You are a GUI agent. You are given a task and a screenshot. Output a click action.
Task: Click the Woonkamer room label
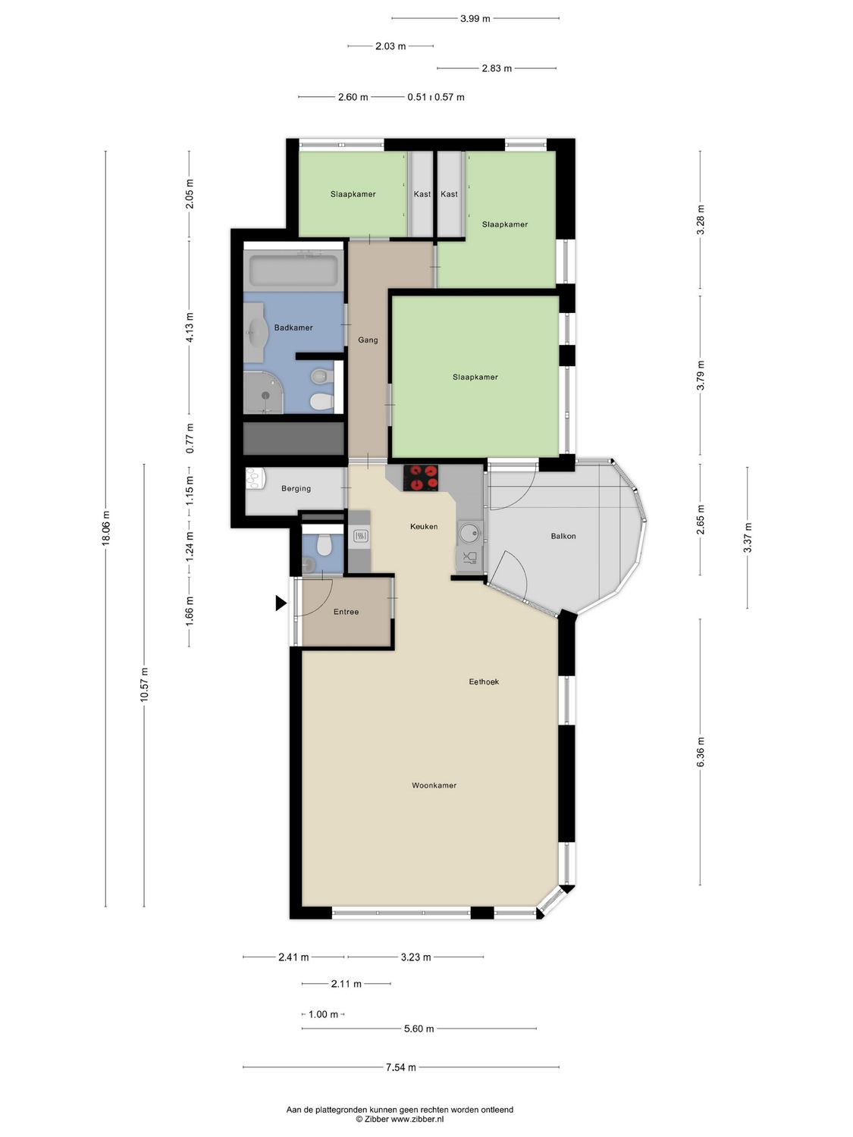[434, 785]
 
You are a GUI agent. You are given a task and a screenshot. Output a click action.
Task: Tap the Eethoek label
[484, 681]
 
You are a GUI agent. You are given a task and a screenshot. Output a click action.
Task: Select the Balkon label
[563, 536]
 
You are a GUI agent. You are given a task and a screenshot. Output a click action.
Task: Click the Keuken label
[423, 526]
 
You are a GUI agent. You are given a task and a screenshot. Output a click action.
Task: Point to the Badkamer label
[293, 327]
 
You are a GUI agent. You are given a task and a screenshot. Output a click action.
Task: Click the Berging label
[296, 488]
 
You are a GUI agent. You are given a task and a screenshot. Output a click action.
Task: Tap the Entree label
[346, 612]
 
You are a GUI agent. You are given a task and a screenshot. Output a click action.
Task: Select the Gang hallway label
[368, 340]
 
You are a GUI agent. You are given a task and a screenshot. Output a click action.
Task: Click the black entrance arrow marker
[281, 603]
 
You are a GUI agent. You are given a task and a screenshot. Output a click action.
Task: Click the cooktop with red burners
[421, 478]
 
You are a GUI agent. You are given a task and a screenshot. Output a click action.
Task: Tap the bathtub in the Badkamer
[293, 270]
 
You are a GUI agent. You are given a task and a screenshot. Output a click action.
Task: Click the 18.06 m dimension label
[106, 528]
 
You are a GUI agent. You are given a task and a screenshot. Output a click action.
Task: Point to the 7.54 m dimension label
[400, 1067]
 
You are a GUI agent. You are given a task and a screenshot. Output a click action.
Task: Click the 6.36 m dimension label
[701, 751]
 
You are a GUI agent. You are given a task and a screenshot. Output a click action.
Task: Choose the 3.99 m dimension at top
[475, 18]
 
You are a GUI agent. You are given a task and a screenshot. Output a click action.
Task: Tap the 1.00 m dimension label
[323, 1014]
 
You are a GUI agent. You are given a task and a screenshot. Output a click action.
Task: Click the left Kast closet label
[422, 194]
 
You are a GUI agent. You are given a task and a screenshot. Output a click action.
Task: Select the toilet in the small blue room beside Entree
[325, 544]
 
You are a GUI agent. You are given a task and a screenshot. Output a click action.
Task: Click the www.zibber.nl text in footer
[417, 1119]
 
